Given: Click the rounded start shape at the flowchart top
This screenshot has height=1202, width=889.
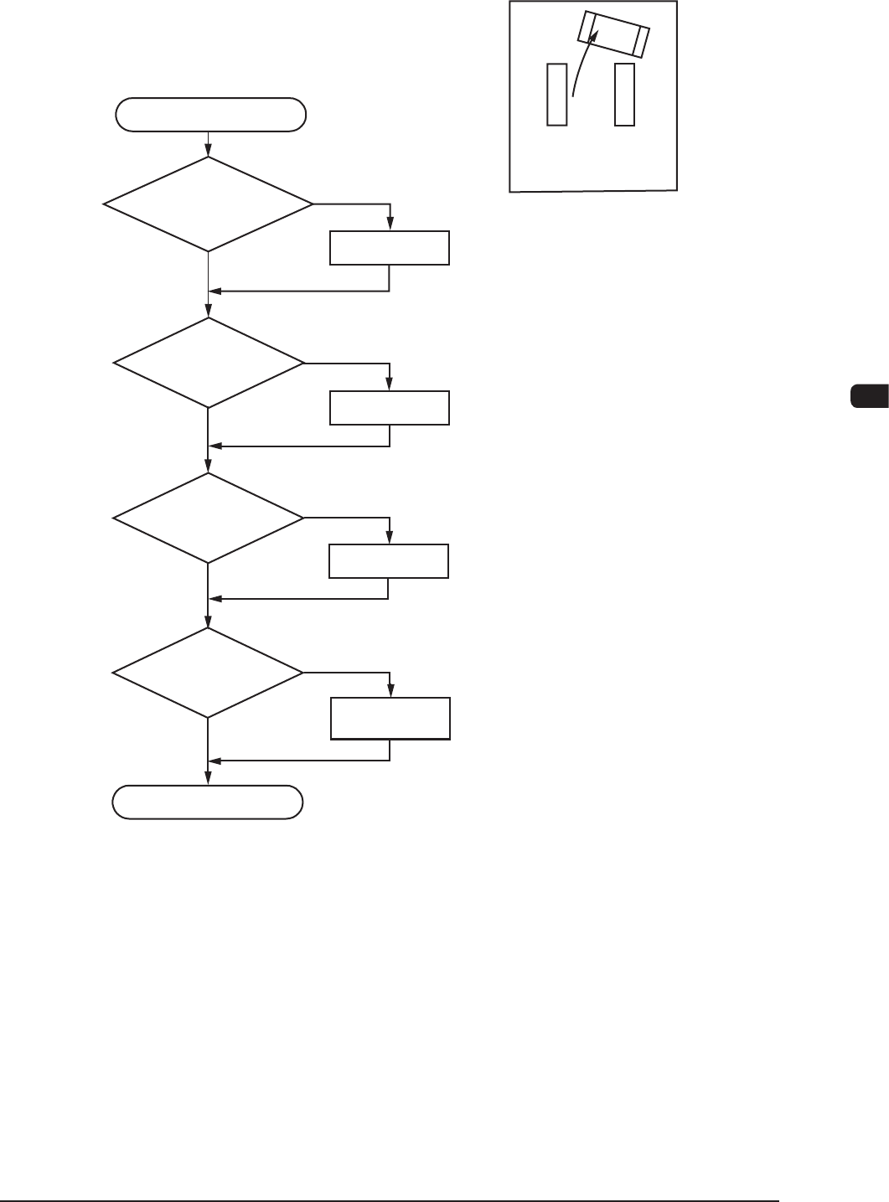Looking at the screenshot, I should pyautogui.click(x=210, y=115).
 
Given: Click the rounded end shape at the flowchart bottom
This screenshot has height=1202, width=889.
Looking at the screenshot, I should pyautogui.click(x=208, y=802).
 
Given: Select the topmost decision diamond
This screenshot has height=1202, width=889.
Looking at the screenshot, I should pyautogui.click(x=208, y=204).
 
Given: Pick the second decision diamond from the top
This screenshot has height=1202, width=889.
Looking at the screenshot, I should pyautogui.click(x=209, y=363).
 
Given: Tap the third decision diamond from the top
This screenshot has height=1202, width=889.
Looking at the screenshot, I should pyautogui.click(x=209, y=518).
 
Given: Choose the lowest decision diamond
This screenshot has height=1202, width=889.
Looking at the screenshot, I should pyautogui.click(x=208, y=672).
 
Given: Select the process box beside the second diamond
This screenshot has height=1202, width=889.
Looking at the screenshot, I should pyautogui.click(x=390, y=407).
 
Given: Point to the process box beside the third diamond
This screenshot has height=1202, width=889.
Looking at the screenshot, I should pyautogui.click(x=389, y=560).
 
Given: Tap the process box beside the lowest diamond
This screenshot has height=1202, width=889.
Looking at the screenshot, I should pyautogui.click(x=390, y=718).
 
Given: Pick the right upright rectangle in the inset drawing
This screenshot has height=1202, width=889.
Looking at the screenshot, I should pyautogui.click(x=624, y=94).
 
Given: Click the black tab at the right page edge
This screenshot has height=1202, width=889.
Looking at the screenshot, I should pyautogui.click(x=870, y=396).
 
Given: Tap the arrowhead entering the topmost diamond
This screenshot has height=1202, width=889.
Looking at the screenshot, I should pyautogui.click(x=207, y=152).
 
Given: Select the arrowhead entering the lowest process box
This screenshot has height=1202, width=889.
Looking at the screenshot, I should pyautogui.click(x=390, y=692).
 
